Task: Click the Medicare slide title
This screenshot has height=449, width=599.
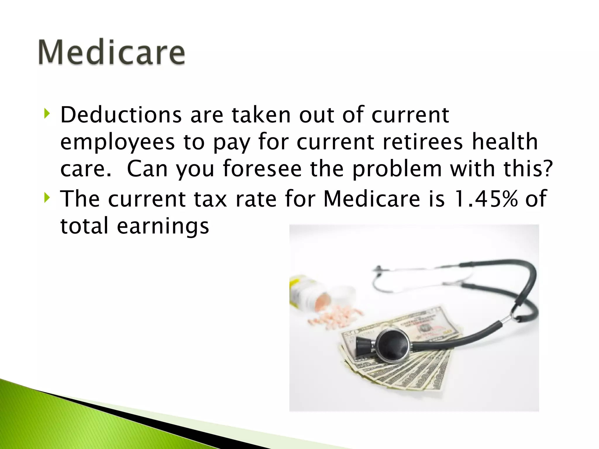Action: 111,52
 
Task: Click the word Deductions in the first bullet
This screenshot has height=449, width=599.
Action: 121,115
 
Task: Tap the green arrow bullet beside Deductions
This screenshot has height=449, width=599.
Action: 47,113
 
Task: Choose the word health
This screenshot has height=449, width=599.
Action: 505,142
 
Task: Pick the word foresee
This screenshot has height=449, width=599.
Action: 262,169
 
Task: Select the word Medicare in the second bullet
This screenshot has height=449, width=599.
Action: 371,199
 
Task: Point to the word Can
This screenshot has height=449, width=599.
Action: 147,169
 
